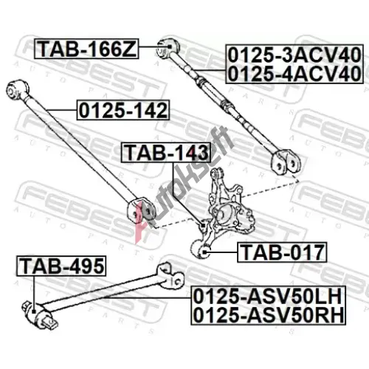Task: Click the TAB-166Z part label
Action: click(x=86, y=49)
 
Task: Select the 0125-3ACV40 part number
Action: click(x=294, y=55)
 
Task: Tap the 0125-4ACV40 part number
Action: click(x=294, y=74)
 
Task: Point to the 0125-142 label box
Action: click(x=123, y=110)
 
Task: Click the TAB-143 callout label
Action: click(x=166, y=153)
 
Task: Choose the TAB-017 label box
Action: click(x=282, y=252)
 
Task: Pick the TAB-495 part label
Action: click(x=61, y=266)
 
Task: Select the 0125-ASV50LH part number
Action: click(x=268, y=297)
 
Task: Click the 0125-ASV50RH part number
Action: click(x=268, y=315)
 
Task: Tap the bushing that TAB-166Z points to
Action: click(x=168, y=47)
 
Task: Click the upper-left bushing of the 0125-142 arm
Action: click(x=17, y=90)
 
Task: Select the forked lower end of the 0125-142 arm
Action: click(x=141, y=211)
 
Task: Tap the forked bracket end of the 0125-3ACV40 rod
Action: click(x=286, y=162)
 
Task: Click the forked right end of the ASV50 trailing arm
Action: click(x=170, y=275)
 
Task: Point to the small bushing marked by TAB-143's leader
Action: click(x=204, y=225)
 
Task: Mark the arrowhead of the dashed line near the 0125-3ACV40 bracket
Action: click(x=297, y=180)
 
